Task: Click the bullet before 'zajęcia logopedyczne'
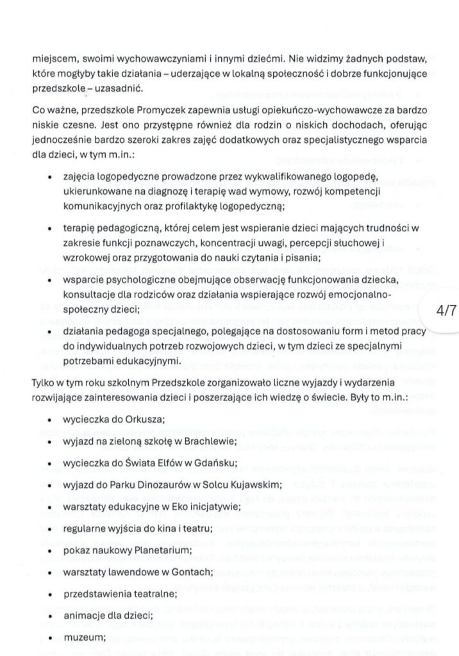click(x=49, y=175)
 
